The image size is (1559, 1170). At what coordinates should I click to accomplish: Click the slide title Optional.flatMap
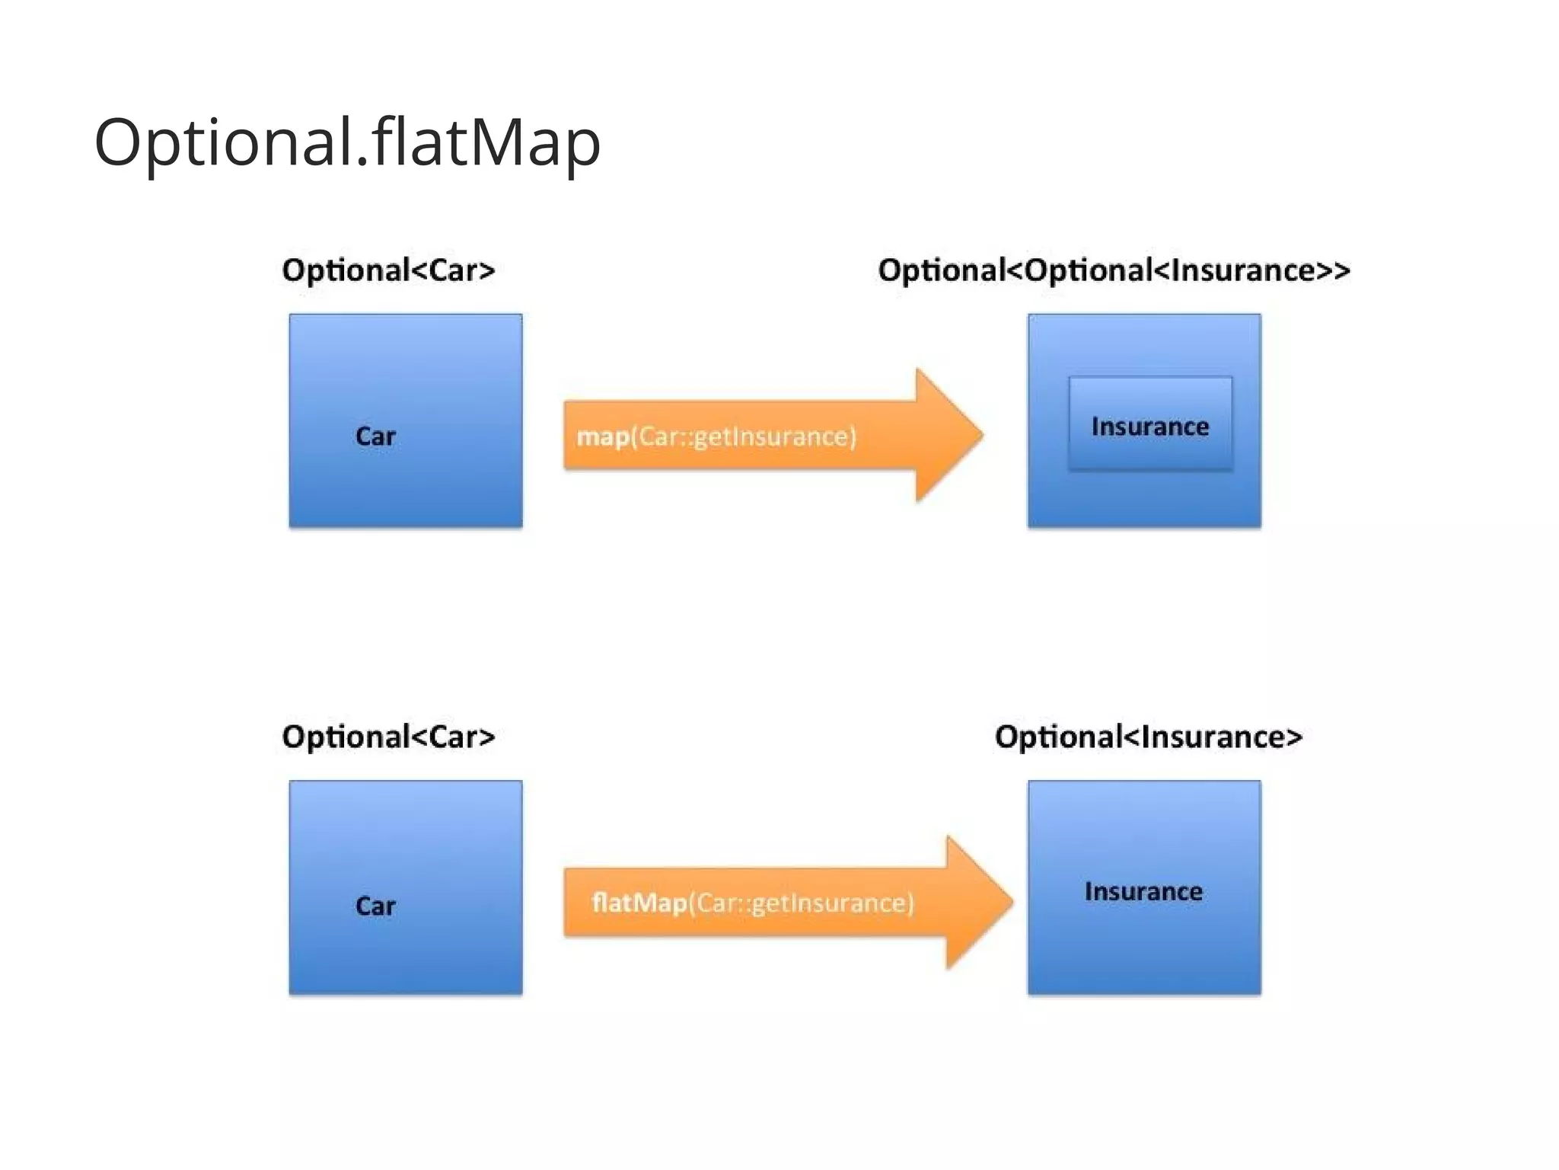click(347, 142)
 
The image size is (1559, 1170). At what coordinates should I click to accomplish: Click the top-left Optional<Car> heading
click(388, 270)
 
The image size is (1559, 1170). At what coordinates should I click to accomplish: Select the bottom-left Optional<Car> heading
click(388, 737)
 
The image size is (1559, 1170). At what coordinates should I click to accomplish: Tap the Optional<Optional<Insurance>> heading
click(1113, 270)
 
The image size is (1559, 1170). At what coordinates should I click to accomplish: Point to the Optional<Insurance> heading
click(1148, 737)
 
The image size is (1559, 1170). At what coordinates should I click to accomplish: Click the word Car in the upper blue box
click(375, 436)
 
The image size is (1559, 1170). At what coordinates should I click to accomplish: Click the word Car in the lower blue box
click(375, 906)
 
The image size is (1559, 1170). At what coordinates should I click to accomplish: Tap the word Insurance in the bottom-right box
click(1143, 891)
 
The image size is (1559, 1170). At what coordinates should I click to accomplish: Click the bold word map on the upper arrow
click(603, 436)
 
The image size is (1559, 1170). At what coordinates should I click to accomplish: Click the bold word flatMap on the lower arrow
click(639, 903)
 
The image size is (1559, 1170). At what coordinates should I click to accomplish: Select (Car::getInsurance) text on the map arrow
click(744, 436)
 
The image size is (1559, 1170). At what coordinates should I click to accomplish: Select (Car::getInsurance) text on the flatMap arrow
click(801, 903)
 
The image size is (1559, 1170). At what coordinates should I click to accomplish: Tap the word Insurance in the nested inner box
click(1149, 427)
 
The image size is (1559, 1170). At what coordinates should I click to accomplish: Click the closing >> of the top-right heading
click(1334, 271)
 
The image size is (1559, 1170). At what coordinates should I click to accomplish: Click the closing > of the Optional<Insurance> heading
click(1294, 737)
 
